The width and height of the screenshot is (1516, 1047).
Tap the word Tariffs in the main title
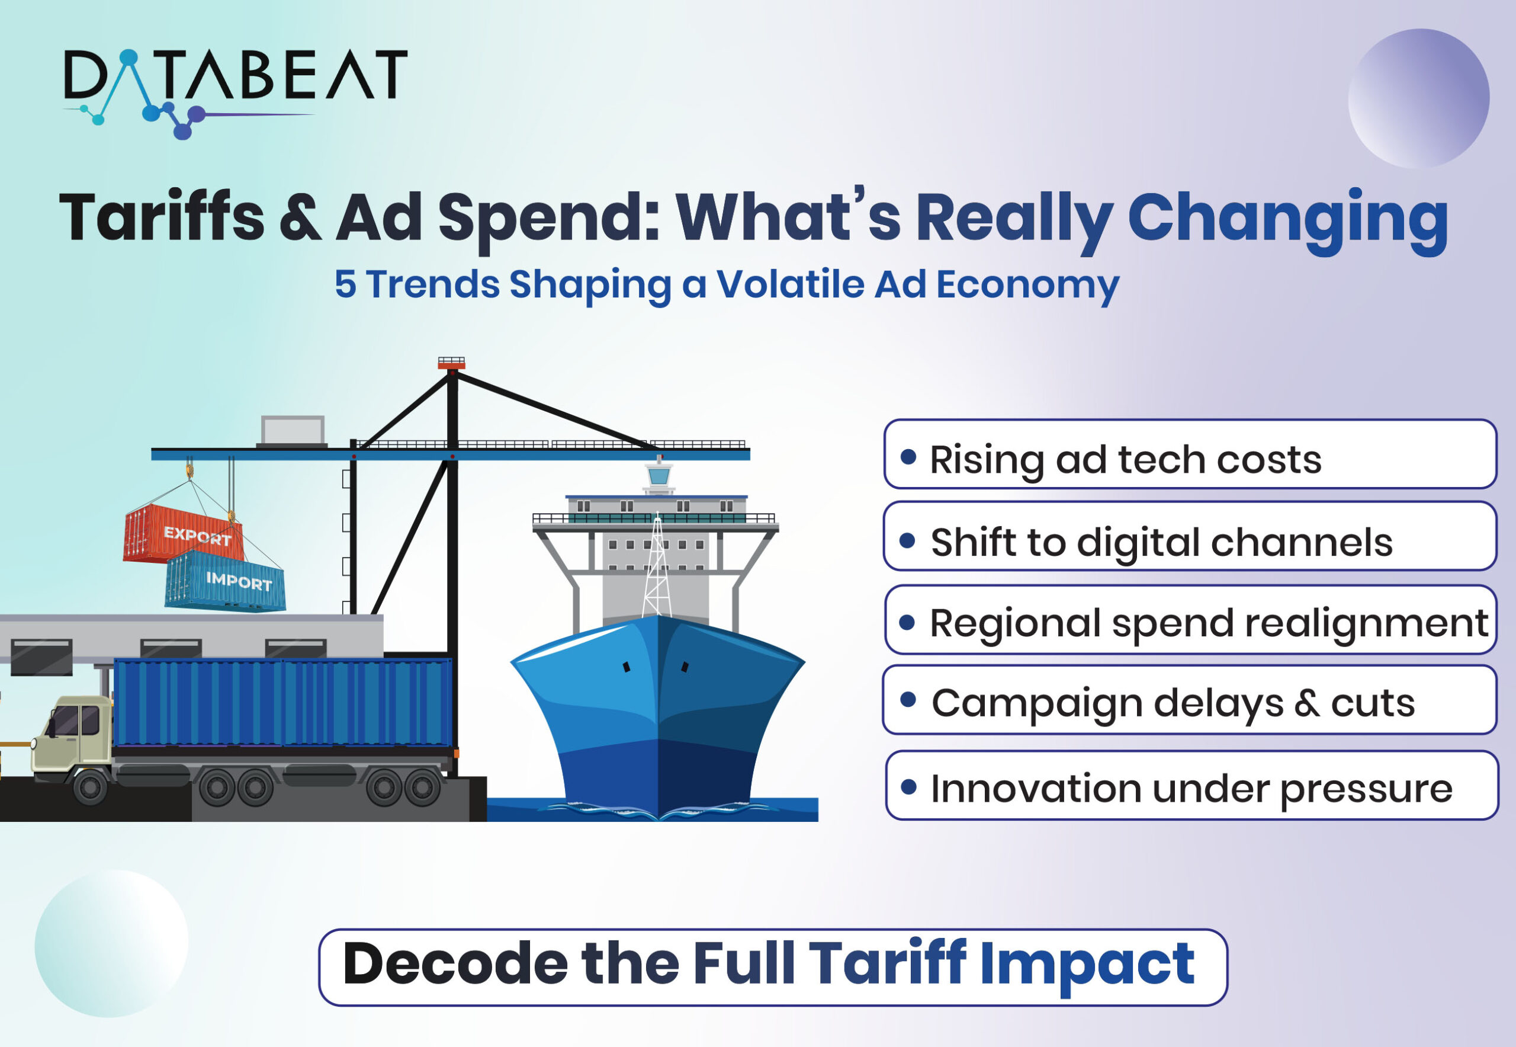coord(161,217)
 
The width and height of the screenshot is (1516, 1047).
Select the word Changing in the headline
coord(1288,220)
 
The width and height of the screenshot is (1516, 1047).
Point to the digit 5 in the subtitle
coord(346,284)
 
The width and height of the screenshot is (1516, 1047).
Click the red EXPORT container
coord(184,533)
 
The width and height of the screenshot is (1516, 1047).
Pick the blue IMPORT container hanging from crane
coord(226,580)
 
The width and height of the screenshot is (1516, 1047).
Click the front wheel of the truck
coord(91,787)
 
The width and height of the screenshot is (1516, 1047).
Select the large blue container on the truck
coord(283,703)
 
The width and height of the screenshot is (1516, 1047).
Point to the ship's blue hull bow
coord(658,715)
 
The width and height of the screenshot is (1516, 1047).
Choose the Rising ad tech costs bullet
coord(1190,454)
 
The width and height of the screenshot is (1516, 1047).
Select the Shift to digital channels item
coord(1190,536)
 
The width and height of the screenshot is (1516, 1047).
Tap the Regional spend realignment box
coord(1191,619)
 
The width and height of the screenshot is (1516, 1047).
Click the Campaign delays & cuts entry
coord(1190,699)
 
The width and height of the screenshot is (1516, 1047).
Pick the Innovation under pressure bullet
coord(1192,785)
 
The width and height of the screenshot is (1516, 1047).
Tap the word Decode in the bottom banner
coord(455,963)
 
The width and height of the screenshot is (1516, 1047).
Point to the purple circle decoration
coord(1419,98)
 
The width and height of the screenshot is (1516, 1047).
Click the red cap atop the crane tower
coord(451,364)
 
